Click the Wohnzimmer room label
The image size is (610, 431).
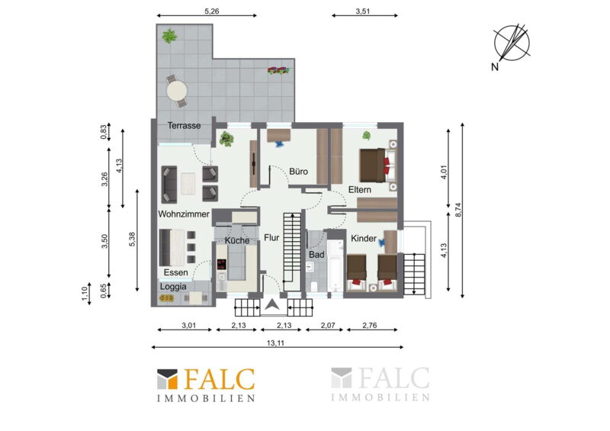[184, 214]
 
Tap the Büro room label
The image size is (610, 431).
[298, 172]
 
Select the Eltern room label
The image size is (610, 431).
[359, 190]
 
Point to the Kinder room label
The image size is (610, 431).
[364, 238]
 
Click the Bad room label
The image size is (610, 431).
[316, 255]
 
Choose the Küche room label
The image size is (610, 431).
[237, 240]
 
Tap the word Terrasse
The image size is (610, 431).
[184, 126]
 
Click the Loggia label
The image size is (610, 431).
[173, 287]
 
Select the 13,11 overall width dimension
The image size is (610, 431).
[275, 343]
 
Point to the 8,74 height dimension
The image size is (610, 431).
[458, 211]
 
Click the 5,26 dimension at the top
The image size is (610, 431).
[212, 11]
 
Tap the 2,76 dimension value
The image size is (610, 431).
[370, 325]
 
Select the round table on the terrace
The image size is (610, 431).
[177, 91]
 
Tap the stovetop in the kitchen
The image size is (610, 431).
[222, 265]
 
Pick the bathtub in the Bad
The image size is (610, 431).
[335, 266]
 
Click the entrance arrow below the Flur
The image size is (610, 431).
[272, 304]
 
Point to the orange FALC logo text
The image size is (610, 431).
[219, 379]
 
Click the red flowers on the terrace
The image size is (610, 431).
[278, 70]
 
